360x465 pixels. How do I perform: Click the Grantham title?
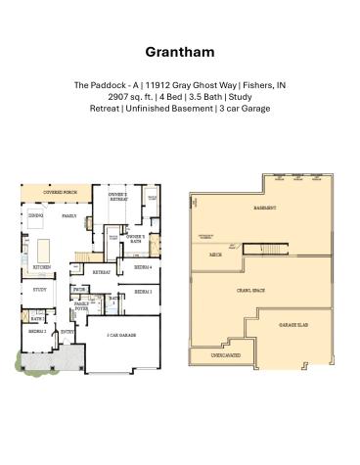pos(179,51)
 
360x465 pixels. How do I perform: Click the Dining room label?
pos(35,214)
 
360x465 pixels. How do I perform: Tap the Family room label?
pos(69,215)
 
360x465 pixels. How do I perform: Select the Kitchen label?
pos(42,267)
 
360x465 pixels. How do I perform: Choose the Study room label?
pos(40,290)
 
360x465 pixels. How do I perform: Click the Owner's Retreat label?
pos(117,197)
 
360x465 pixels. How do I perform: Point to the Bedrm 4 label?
pos(142,267)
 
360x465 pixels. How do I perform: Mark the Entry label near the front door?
pos(67,332)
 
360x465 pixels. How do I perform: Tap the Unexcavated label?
pos(226,356)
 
